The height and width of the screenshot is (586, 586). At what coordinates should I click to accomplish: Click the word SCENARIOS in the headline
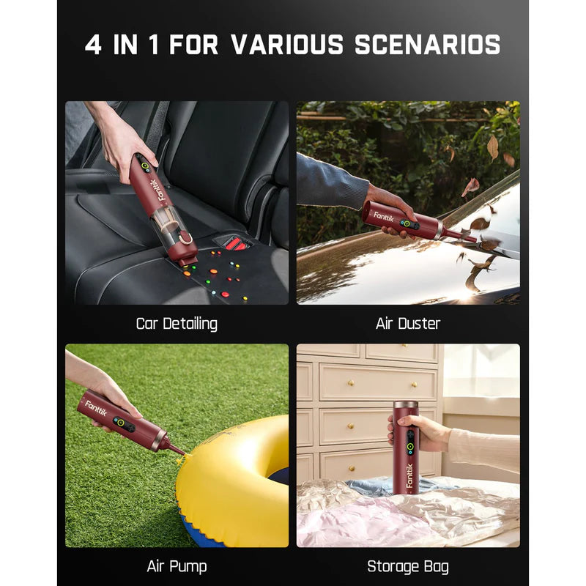click(x=428, y=45)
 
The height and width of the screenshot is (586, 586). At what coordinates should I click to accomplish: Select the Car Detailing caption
click(x=177, y=323)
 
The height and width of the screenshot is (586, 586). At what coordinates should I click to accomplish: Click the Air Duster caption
click(x=408, y=323)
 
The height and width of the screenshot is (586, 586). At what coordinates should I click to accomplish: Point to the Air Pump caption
click(x=177, y=566)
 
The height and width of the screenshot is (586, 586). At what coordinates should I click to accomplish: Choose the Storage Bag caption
click(x=408, y=566)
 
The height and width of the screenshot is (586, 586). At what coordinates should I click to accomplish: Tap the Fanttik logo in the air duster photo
click(x=384, y=217)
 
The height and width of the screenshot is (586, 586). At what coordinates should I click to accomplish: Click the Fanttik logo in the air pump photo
click(x=96, y=408)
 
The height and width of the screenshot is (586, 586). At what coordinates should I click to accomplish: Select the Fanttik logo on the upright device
click(x=409, y=476)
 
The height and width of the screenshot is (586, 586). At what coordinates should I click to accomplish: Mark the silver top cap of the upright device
click(x=406, y=404)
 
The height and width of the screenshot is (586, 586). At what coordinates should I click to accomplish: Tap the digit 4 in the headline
click(x=93, y=45)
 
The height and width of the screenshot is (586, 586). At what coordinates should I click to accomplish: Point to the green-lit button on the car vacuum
click(x=145, y=167)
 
